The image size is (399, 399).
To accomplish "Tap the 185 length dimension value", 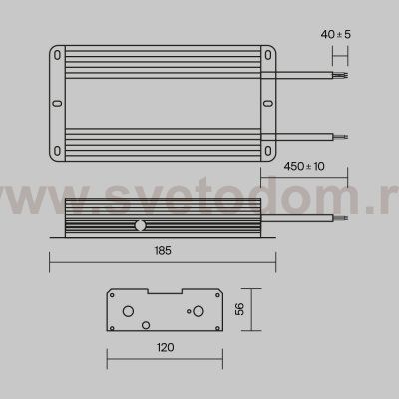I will (164, 251).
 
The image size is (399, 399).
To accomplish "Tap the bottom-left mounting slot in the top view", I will (59, 148).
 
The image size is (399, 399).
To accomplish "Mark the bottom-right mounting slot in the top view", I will (268, 148).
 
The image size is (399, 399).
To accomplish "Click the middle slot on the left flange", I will (57, 101).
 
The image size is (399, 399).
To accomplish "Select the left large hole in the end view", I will (127, 310).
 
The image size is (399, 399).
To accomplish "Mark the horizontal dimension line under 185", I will (164, 262).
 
